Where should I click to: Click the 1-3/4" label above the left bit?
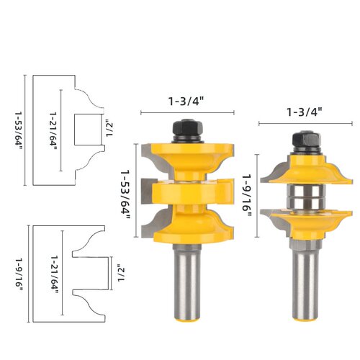[x=186, y=102]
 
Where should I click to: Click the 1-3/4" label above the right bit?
[x=305, y=112]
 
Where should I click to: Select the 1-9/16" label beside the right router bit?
[x=247, y=195]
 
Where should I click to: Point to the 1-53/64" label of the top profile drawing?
[x=19, y=130]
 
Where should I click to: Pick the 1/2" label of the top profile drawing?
[x=109, y=130]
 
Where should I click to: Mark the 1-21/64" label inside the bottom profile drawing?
[x=54, y=274]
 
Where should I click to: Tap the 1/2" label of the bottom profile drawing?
[x=121, y=273]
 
